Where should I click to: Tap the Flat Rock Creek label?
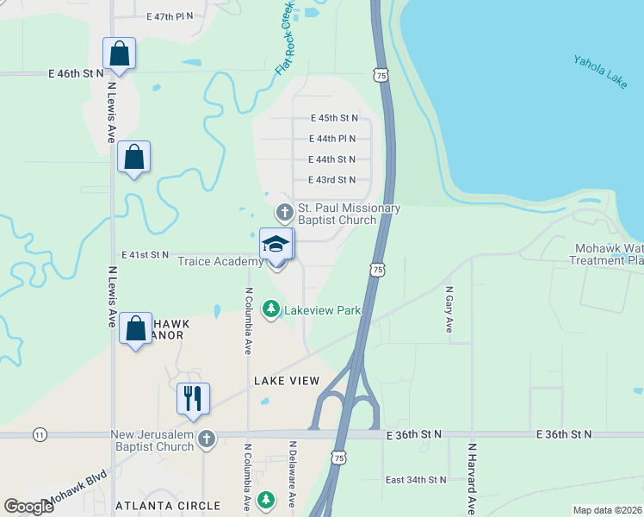tap(285, 39)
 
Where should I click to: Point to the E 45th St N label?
tap(333, 118)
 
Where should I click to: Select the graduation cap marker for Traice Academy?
tap(276, 244)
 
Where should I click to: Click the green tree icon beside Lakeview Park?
tap(271, 308)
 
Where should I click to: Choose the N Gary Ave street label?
tap(449, 309)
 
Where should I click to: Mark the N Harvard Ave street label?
tap(472, 478)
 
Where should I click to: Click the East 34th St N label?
tap(416, 479)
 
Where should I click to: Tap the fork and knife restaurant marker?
tap(193, 399)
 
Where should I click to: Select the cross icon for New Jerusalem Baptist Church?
tap(206, 439)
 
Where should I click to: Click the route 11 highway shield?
tap(40, 435)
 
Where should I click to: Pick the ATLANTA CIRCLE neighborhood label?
tap(168, 506)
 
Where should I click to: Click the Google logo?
tap(28, 506)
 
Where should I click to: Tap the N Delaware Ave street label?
tap(293, 474)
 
